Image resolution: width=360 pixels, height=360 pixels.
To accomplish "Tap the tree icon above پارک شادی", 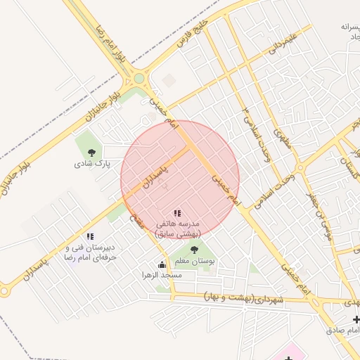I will pyautogui.click(x=91, y=151).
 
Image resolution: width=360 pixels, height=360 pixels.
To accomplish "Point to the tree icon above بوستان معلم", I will pyautogui.click(x=194, y=249).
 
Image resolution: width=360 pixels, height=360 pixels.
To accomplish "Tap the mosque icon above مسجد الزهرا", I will pyautogui.click(x=162, y=264).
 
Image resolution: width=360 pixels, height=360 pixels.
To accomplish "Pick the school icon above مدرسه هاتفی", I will pyautogui.click(x=177, y=212).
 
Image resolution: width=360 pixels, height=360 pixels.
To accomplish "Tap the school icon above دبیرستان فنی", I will pyautogui.click(x=89, y=237).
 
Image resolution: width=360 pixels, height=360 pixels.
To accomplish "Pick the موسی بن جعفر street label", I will pyautogui.click(x=325, y=219).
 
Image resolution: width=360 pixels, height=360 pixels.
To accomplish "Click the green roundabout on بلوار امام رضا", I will pyautogui.click(x=139, y=79).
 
